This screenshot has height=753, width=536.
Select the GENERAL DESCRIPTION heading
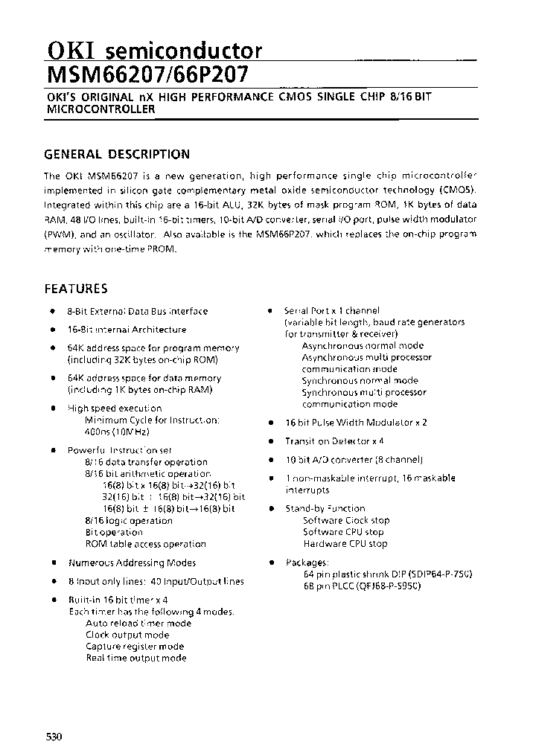[x=117, y=154]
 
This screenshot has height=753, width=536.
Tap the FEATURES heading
[x=76, y=289]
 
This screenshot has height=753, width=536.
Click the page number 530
[x=54, y=737]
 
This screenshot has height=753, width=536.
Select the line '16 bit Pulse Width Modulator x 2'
[x=356, y=422]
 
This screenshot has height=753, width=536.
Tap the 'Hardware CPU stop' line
[x=345, y=543]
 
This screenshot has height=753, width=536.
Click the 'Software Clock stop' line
[x=346, y=520]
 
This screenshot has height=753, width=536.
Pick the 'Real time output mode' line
[x=135, y=658]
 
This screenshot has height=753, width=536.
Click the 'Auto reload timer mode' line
[x=138, y=624]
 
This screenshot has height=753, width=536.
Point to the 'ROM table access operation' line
[x=145, y=544]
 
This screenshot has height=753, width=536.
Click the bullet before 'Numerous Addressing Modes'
[x=53, y=563]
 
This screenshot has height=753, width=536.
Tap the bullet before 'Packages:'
[x=271, y=563]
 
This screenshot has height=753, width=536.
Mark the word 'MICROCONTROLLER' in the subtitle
[x=100, y=109]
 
